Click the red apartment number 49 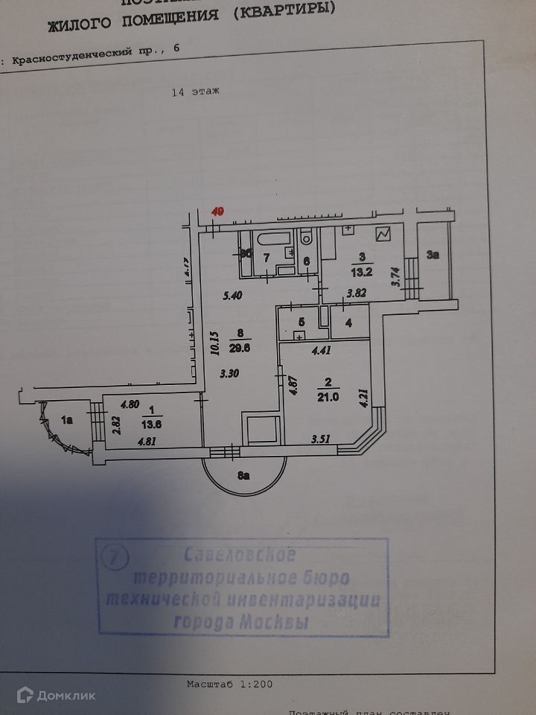(x=218, y=211)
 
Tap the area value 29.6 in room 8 (x=234, y=345)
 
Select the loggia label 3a (x=433, y=255)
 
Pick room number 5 (x=301, y=322)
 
